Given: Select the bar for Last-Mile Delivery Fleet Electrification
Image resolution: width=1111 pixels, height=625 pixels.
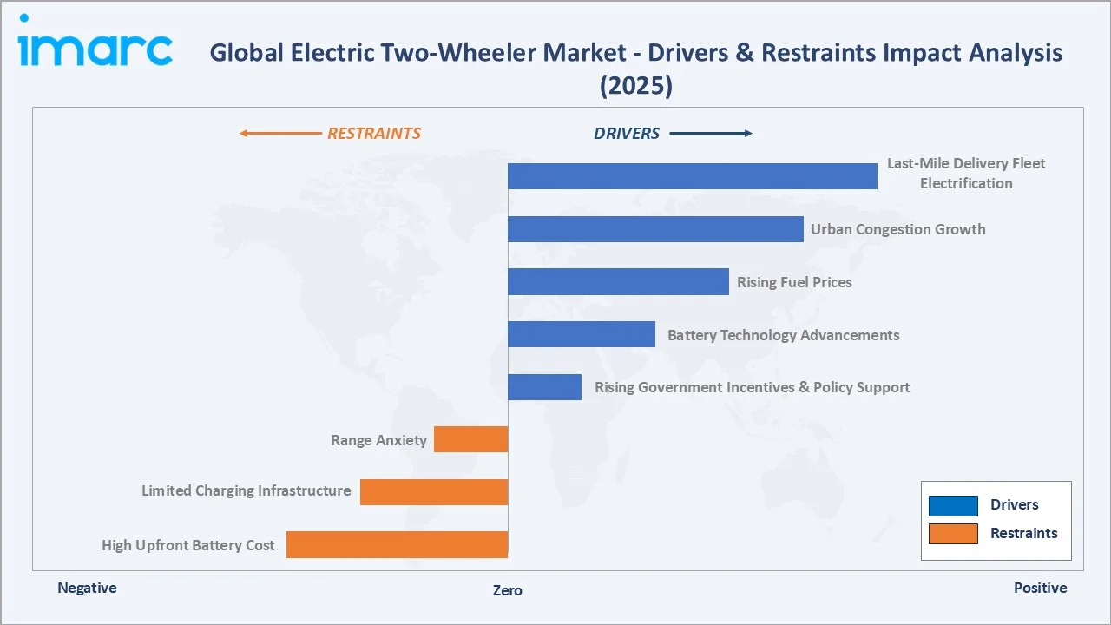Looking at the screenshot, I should tap(692, 176).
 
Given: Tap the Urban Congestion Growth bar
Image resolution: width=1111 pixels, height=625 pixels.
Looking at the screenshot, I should tap(655, 229).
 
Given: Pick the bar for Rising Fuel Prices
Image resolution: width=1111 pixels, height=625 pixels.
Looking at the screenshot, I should tap(618, 282).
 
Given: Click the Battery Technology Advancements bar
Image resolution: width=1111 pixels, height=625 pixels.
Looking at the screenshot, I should tap(582, 334).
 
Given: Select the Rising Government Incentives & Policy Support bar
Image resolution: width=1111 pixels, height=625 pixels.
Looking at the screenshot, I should tap(544, 387).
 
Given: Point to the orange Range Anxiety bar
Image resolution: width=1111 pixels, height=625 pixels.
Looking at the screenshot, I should tap(470, 439).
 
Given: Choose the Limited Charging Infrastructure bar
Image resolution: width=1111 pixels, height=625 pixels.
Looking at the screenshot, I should tap(434, 492).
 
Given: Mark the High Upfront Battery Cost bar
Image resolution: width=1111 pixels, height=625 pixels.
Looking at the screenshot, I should tap(397, 544).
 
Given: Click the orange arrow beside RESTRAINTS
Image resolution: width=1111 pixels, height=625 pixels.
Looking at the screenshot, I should tap(279, 134).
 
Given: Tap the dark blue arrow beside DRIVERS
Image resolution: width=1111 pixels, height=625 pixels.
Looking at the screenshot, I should tap(711, 134).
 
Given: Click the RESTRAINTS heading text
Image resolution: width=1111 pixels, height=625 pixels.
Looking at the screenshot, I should tap(373, 134).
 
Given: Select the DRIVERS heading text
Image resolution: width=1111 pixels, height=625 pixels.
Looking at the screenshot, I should tap(627, 134).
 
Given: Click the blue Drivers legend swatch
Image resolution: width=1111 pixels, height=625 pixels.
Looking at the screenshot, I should tap(953, 505).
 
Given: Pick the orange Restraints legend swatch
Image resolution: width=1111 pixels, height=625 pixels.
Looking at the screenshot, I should tap(953, 534).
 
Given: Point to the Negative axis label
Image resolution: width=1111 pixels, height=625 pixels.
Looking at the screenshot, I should tap(87, 588).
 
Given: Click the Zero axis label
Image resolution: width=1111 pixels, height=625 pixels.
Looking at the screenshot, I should tap(508, 590).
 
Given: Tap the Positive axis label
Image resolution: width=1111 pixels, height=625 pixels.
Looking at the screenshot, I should tap(1040, 588).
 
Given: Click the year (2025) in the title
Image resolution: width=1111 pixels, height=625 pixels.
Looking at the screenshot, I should tap(635, 85).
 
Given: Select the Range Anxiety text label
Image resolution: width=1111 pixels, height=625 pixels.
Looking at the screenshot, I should tap(378, 440).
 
